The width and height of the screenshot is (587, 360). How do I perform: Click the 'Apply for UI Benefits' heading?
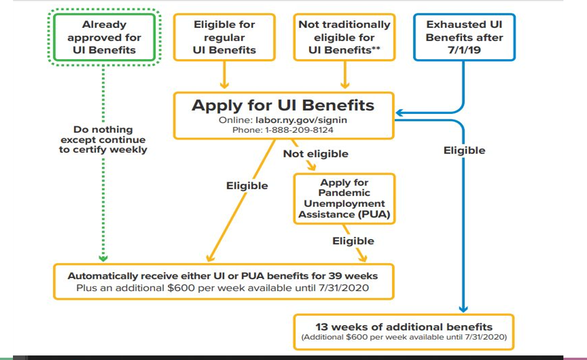tap(283, 106)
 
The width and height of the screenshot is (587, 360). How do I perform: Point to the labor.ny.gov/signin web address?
tap(301, 120)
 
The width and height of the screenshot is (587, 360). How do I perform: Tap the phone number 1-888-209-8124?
tap(299, 130)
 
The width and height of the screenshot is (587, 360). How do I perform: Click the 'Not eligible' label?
tap(316, 154)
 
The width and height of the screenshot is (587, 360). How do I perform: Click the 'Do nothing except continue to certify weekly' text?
tap(103, 139)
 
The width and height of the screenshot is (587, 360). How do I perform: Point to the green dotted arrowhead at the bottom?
tap(103, 258)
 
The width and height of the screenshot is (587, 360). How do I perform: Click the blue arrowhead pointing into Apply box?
tap(399, 113)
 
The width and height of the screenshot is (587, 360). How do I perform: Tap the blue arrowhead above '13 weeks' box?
tap(463, 309)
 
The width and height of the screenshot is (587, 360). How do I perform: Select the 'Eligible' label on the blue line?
tap(464, 150)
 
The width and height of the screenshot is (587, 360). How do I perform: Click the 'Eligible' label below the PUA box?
tap(353, 241)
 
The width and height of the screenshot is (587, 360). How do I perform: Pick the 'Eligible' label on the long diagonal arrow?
tap(247, 186)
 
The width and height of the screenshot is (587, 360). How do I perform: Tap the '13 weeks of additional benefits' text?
tap(404, 327)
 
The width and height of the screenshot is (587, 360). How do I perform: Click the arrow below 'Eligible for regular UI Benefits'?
tap(224, 74)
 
